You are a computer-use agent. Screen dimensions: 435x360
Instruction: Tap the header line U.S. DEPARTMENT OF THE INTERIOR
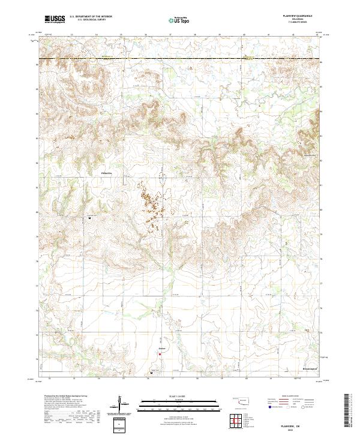pyautogui.click(x=91, y=17)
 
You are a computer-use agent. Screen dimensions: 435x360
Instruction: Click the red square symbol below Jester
pyautogui.click(x=160, y=353)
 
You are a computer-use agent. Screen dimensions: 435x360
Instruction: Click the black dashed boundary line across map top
pyautogui.click(x=180, y=58)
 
